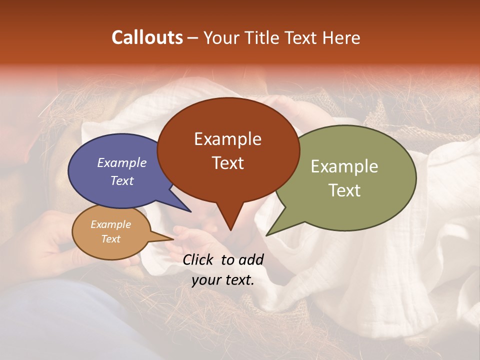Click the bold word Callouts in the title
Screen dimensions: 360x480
(x=147, y=37)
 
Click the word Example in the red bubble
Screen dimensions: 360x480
(x=227, y=139)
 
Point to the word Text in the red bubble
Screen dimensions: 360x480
(x=227, y=163)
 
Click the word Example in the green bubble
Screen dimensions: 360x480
(x=344, y=166)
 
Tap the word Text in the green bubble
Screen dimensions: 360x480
(x=344, y=190)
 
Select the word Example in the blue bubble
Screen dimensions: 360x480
(x=122, y=162)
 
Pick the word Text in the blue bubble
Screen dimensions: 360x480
(x=122, y=180)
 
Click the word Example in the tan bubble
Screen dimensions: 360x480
(x=111, y=224)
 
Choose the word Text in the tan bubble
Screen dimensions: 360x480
(x=111, y=239)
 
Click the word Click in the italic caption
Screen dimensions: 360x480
(x=199, y=259)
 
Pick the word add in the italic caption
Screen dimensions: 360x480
(x=251, y=259)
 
